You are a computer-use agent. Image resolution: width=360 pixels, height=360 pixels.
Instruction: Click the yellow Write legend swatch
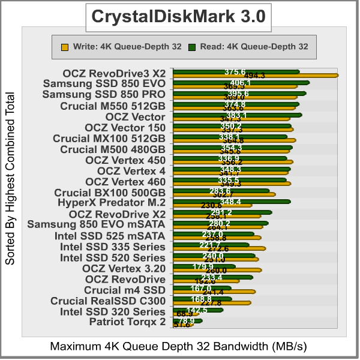[x=64, y=46]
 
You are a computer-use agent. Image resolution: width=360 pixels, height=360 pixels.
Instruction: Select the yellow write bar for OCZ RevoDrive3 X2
[x=255, y=76]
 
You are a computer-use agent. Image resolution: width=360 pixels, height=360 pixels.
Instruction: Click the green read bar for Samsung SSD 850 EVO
[x=241, y=82]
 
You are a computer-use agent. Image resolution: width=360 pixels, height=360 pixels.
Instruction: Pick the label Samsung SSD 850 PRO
[x=104, y=95]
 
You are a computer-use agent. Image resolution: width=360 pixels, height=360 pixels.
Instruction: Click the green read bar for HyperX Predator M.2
[x=231, y=202]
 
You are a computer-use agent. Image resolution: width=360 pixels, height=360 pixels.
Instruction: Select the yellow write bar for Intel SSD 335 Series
[x=218, y=248]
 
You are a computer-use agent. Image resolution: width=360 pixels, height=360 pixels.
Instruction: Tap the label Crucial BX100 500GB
[x=109, y=193]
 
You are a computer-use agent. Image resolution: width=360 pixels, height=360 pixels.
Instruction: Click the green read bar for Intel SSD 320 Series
[x=197, y=310]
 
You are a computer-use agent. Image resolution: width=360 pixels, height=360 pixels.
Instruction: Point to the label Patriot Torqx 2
[x=127, y=322]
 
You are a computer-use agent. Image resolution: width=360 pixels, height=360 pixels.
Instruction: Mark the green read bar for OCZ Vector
[x=237, y=115]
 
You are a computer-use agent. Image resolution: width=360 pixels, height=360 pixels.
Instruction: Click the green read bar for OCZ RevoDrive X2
[x=222, y=212]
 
